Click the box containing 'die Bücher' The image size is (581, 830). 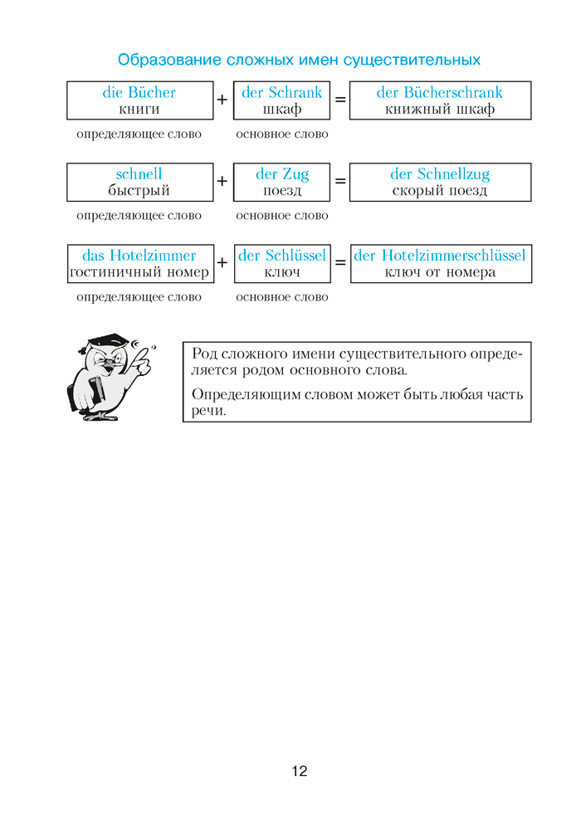(139, 100)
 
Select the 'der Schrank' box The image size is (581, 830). (282, 100)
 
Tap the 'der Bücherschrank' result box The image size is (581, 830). (440, 100)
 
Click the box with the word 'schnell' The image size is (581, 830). (139, 182)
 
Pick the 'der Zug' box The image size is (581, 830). (282, 182)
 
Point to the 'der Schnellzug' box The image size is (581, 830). (440, 182)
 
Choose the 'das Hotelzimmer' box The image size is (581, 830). (139, 263)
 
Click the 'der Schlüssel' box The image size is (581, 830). (282, 263)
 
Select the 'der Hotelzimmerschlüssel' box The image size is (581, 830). (440, 263)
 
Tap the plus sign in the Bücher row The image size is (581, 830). (222, 100)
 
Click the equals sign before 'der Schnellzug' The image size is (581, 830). (339, 182)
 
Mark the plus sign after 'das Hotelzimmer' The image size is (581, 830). (222, 263)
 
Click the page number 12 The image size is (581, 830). (300, 771)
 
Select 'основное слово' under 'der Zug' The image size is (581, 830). (282, 216)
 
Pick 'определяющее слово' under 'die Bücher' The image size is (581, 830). (139, 134)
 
